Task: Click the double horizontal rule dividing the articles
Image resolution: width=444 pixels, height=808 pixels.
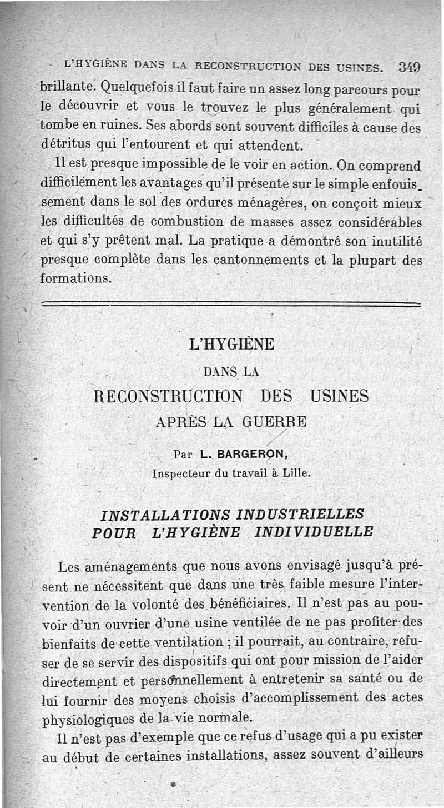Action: [231, 304]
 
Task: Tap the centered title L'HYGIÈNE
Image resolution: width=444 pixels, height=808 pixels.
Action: [231, 345]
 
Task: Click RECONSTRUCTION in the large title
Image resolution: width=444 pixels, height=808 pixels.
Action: [169, 396]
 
